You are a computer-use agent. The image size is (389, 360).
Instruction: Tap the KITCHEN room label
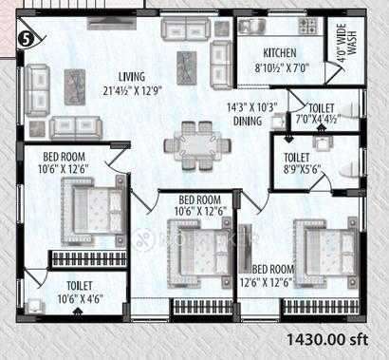click(280, 53)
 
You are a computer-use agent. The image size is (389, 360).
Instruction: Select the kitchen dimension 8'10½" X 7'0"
click(282, 68)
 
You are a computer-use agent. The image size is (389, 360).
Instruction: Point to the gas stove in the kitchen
click(307, 27)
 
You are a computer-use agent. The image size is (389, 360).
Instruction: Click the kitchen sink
click(252, 27)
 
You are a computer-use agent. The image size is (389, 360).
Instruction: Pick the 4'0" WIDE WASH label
click(346, 45)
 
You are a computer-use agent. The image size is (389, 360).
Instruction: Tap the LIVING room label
click(132, 77)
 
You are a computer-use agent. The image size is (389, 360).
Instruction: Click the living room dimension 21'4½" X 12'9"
click(132, 91)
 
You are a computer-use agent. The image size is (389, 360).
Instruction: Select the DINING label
click(248, 121)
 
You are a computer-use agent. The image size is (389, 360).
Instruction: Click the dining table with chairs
click(197, 146)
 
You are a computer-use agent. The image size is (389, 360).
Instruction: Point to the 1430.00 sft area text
click(327, 340)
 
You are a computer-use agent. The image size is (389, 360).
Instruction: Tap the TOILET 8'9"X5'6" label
click(301, 163)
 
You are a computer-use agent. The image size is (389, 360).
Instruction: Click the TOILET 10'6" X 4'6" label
click(80, 293)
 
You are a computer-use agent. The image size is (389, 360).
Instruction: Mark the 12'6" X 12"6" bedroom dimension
click(266, 282)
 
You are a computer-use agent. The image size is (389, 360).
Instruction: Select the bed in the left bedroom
click(94, 210)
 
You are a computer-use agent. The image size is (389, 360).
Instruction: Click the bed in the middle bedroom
click(200, 253)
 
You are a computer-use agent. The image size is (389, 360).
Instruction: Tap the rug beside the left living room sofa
click(75, 87)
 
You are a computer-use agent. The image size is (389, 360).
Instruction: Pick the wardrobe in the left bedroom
click(89, 258)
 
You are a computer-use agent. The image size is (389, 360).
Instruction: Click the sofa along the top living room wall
click(186, 28)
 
